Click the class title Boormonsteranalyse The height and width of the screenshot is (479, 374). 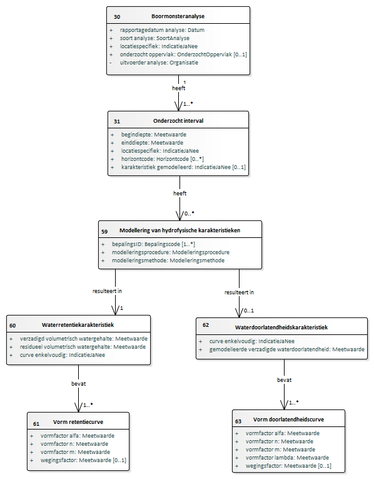click(178, 16)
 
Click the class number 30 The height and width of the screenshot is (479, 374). click(117, 17)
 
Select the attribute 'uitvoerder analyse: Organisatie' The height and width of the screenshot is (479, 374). click(159, 63)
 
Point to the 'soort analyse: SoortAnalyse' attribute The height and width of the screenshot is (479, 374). click(154, 38)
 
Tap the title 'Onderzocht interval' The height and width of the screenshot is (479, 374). click(178, 121)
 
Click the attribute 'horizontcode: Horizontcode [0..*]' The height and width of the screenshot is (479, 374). click(162, 159)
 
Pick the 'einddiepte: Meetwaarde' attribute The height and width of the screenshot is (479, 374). click(152, 143)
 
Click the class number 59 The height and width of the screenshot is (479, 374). click(104, 231)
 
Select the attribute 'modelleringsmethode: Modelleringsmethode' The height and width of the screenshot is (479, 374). click(168, 260)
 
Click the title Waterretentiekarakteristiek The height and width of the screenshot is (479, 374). click(78, 325)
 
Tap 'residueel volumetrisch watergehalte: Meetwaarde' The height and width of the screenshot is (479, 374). click(83, 347)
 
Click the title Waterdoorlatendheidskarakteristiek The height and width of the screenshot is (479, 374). click(281, 327)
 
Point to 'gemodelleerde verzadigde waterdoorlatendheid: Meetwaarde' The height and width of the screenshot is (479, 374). click(286, 349)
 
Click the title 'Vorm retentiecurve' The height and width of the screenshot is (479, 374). click(78, 422)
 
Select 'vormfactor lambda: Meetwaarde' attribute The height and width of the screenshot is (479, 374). click(287, 458)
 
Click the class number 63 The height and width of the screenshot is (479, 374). click(238, 421)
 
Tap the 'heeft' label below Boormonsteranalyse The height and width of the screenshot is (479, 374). click(178, 88)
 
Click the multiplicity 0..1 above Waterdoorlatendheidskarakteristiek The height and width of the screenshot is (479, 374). click(249, 311)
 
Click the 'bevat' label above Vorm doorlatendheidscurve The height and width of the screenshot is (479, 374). click(285, 380)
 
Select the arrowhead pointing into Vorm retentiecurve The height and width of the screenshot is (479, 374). click(78, 407)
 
